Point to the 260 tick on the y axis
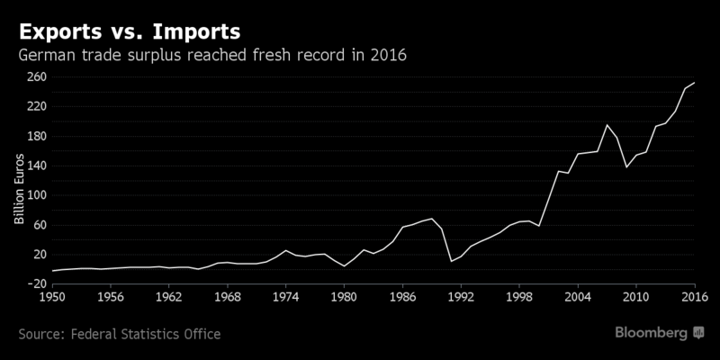(35, 76)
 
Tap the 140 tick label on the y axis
(35, 166)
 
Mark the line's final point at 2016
(694, 83)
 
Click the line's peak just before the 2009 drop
(607, 125)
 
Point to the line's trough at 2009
(626, 166)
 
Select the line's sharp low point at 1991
(451, 261)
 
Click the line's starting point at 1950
(52, 271)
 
